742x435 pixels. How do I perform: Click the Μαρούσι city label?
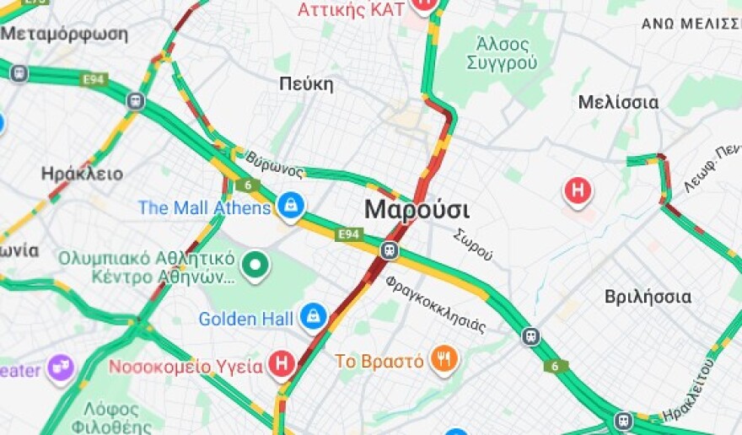[x=417, y=210]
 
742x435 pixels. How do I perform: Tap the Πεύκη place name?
[x=306, y=84]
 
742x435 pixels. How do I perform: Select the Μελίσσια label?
[x=618, y=102]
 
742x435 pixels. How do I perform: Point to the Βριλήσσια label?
[x=648, y=297]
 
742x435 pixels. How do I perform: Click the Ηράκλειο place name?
[x=82, y=174]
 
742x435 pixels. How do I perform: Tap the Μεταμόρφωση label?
[x=64, y=35]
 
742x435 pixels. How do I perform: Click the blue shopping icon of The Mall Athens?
[x=291, y=205]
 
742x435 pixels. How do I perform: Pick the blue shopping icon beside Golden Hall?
[x=313, y=317]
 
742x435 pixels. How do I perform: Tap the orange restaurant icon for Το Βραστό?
[x=444, y=360]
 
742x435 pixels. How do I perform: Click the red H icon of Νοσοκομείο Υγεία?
[x=282, y=365]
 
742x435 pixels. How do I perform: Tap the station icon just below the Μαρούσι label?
[x=390, y=250]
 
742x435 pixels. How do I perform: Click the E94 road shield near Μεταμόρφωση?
[x=94, y=79]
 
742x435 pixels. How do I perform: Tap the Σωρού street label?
[x=472, y=244]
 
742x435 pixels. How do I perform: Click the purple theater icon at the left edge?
[x=61, y=368]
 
